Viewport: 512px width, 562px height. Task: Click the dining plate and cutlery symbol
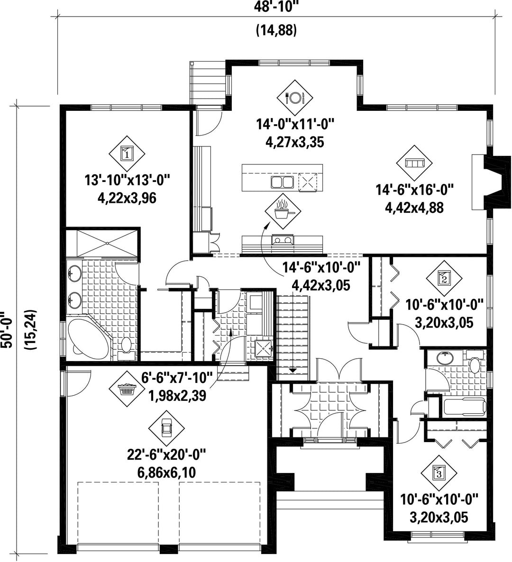pos(295,97)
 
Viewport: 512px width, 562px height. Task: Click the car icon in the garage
pos(166,428)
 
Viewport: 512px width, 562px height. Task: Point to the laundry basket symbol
pos(127,389)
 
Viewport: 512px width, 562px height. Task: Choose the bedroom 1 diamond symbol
pos(127,154)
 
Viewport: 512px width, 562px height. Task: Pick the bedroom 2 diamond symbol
pos(444,278)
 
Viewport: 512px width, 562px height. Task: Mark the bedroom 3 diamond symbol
pos(439,473)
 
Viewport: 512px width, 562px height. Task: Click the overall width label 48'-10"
pos(276,7)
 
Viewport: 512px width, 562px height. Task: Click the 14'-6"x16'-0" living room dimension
pos(415,189)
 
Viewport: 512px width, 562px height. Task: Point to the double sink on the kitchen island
pos(283,182)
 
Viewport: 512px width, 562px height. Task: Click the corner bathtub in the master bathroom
pos(88,336)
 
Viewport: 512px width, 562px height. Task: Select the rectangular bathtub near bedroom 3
pos(465,408)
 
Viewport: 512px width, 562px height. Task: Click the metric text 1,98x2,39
pos(177,395)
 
